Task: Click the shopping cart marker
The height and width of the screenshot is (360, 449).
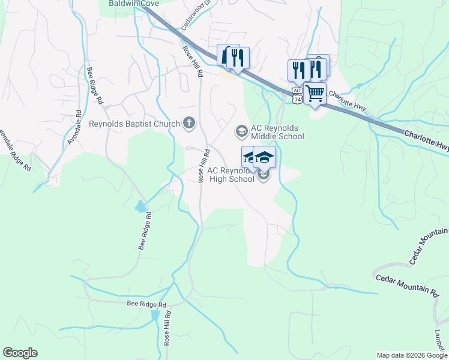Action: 315,94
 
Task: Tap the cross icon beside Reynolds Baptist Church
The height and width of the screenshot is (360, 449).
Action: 189,124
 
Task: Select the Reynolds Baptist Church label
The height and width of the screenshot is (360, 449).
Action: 134,124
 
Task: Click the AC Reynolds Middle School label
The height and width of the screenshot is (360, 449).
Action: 277,132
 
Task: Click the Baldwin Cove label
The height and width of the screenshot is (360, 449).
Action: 134,3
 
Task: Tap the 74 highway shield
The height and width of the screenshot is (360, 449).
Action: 298,100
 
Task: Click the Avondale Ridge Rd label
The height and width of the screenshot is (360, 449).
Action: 14,149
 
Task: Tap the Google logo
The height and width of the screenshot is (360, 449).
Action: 20,353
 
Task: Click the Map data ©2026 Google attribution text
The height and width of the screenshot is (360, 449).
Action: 411,355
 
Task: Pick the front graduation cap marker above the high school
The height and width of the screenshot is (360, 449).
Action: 264,158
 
